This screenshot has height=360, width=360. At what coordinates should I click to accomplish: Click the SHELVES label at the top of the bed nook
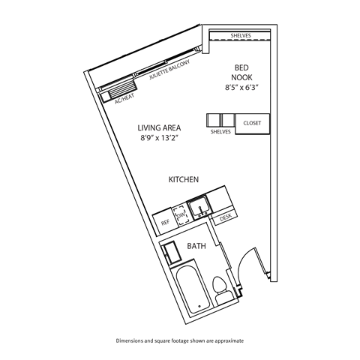(x=241, y=35)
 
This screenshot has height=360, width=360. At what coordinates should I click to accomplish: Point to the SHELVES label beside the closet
(x=220, y=132)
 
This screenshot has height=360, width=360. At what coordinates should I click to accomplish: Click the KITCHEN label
(x=183, y=180)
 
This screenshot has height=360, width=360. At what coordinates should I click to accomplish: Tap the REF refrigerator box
(x=165, y=222)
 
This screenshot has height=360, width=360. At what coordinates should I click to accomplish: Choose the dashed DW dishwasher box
(x=180, y=216)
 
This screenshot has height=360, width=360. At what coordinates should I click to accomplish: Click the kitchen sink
(x=199, y=206)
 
